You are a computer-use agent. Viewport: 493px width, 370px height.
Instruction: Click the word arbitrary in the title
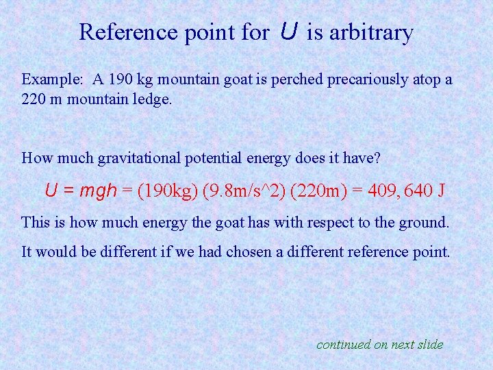pyautogui.click(x=371, y=32)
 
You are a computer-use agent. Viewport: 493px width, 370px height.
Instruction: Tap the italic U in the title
pyautogui.click(x=288, y=32)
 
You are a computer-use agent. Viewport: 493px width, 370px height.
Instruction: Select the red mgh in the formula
pyautogui.click(x=99, y=190)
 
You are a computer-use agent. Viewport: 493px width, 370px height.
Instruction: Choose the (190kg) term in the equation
pyautogui.click(x=166, y=190)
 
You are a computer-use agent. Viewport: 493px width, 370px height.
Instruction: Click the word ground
pyautogui.click(x=426, y=223)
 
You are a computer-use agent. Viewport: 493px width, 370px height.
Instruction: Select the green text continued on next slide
pyautogui.click(x=379, y=345)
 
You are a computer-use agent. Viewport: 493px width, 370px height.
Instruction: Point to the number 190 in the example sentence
pyautogui.click(x=109, y=79)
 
